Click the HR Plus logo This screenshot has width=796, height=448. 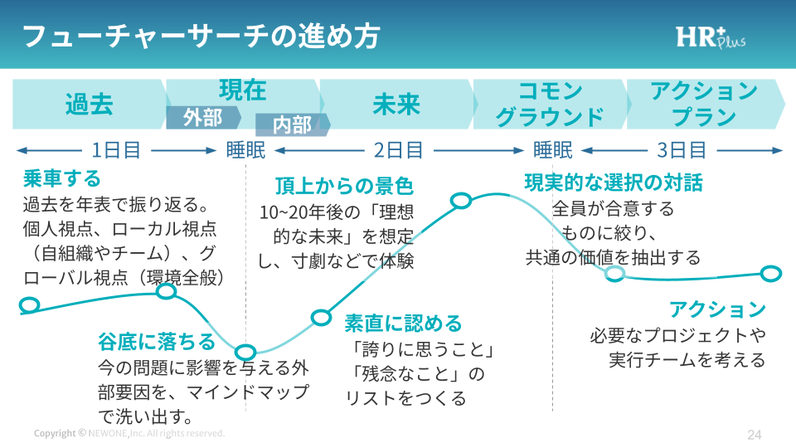(x=710, y=37)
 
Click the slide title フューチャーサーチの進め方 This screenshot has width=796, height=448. (x=200, y=37)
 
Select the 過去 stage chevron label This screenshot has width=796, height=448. (x=89, y=105)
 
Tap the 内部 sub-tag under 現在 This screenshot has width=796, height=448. (x=292, y=125)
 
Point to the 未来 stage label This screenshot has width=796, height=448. (x=396, y=105)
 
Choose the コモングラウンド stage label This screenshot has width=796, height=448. (x=550, y=105)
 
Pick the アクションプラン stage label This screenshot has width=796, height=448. (x=704, y=105)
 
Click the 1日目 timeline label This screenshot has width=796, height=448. (x=116, y=150)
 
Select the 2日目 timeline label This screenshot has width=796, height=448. (x=399, y=150)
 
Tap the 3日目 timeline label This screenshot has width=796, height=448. (x=682, y=150)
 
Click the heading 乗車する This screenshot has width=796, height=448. (x=62, y=178)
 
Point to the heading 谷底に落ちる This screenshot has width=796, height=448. (x=157, y=341)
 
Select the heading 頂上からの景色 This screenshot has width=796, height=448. (x=344, y=186)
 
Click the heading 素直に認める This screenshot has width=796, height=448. (x=404, y=323)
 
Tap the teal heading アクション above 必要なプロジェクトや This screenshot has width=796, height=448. (x=717, y=309)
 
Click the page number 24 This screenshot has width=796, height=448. (x=754, y=434)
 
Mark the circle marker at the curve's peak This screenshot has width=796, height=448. (x=461, y=200)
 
